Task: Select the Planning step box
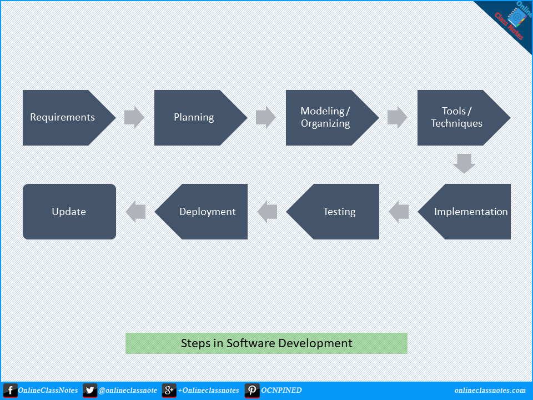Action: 200,118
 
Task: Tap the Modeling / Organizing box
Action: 332,118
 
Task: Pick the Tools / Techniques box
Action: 464,118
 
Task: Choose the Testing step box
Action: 333,212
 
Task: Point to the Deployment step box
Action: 201,212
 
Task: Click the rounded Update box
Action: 69,212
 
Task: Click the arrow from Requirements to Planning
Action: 134,117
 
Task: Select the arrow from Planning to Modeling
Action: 266,117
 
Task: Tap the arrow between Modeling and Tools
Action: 398,117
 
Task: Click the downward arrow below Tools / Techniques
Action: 464,163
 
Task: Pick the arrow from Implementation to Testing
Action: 399,212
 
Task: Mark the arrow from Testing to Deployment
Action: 267,212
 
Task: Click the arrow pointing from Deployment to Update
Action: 135,212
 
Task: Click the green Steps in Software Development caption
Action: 266,343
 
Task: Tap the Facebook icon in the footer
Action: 10,391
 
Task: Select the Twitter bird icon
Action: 90,391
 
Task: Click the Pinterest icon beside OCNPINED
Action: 252,391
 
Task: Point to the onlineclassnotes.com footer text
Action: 490,391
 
